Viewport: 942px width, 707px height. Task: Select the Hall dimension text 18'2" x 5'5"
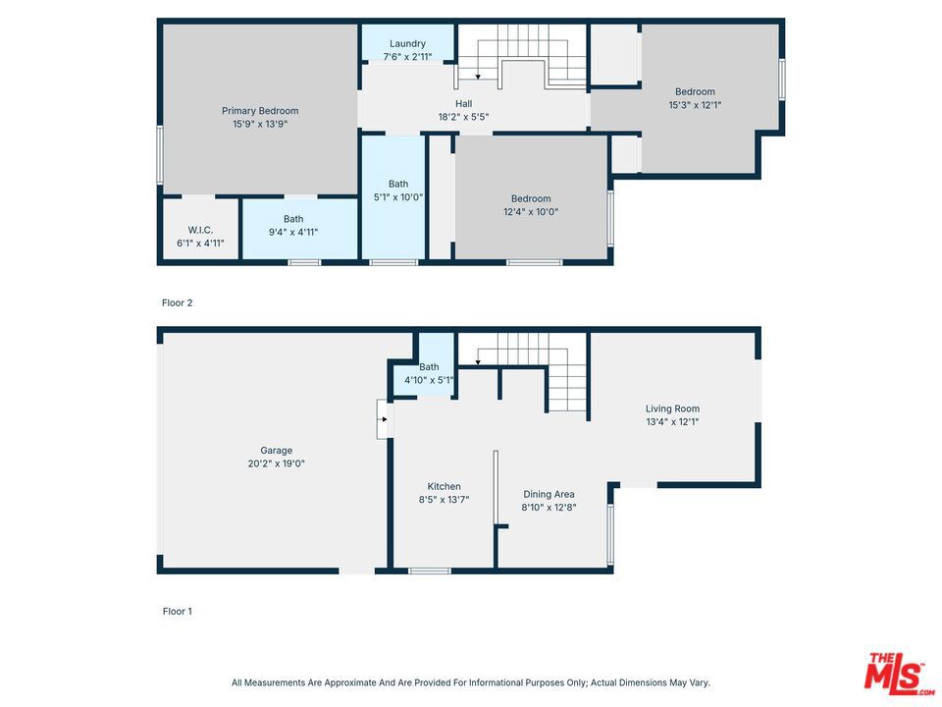pos(463,117)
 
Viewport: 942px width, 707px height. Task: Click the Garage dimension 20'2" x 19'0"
pos(277,463)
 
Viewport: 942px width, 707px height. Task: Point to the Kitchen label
pos(444,486)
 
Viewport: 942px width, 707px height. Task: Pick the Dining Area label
pos(549,494)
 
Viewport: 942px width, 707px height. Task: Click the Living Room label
pos(672,408)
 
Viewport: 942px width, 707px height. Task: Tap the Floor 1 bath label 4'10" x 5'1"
pos(429,373)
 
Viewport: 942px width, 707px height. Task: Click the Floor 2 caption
pos(178,303)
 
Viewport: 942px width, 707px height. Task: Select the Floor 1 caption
pos(178,612)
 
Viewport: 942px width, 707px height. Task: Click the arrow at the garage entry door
pos(383,419)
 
